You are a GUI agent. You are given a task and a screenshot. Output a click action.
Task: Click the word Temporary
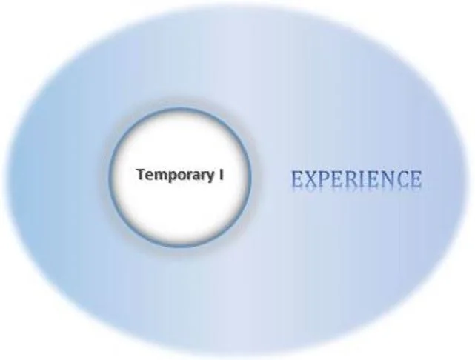175,176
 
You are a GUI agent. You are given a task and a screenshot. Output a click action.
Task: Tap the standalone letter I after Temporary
221,174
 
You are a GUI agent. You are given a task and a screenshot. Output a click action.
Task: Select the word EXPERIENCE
356,179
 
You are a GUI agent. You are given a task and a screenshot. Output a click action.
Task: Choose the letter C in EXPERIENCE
401,179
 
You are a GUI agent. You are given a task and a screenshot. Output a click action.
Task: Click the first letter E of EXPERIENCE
298,179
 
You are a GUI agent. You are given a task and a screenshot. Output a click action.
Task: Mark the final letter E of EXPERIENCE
415,179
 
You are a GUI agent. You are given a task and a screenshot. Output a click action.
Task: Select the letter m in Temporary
160,176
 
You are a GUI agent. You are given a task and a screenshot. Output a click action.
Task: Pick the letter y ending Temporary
210,178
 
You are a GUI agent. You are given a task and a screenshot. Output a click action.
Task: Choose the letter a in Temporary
196,176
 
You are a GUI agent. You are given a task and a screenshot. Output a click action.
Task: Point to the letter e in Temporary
150,176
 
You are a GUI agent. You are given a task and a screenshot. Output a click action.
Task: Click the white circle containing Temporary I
181,212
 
